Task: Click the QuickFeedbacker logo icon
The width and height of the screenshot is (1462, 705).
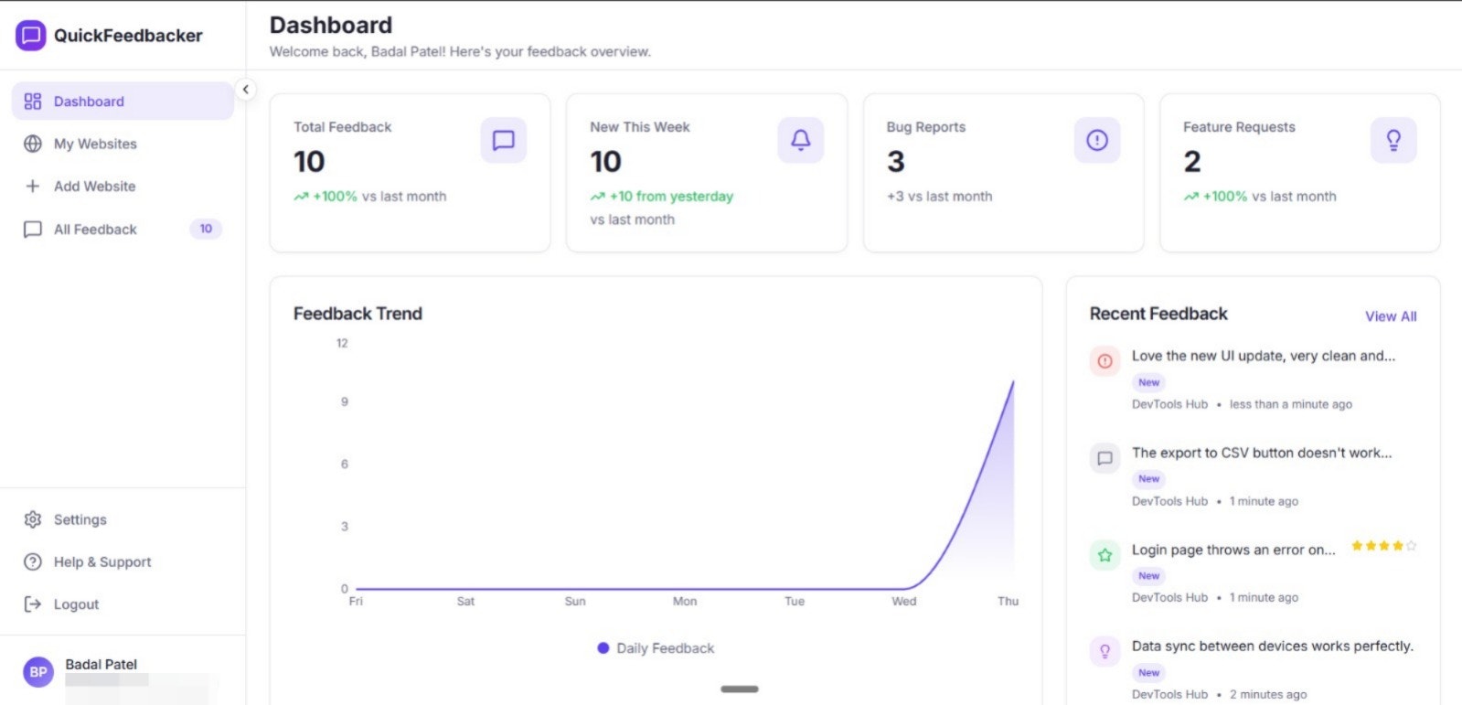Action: [x=31, y=36]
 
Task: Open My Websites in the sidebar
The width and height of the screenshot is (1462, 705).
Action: [x=95, y=144]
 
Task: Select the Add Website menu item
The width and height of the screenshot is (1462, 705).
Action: [x=94, y=187]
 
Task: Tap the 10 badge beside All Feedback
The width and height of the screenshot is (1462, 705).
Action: [x=206, y=229]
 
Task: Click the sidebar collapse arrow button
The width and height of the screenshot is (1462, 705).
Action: [x=245, y=90]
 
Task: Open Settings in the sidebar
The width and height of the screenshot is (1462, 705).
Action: [x=80, y=519]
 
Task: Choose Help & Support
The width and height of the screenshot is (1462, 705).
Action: [x=101, y=562]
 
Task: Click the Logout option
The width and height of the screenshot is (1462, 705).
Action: [x=76, y=604]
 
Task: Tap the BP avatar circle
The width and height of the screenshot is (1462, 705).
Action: [x=38, y=672]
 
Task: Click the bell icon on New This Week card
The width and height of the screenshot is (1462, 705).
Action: [x=800, y=140]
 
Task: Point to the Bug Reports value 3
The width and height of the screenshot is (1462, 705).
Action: [x=896, y=162]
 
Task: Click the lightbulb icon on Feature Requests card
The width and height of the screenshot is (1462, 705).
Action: [x=1393, y=140]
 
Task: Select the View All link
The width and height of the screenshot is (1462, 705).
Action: [x=1391, y=316]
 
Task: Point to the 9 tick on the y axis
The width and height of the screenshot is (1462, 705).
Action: [x=345, y=401]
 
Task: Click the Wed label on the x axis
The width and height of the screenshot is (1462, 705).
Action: [x=903, y=601]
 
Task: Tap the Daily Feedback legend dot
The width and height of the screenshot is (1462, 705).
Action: [x=603, y=648]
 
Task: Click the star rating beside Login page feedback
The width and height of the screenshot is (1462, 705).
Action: [x=1383, y=546]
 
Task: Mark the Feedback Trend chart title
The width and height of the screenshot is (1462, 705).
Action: [x=357, y=314]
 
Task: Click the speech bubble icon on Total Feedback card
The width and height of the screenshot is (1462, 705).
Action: [x=503, y=140]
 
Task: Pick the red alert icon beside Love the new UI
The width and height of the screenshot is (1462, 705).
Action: [x=1105, y=361]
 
